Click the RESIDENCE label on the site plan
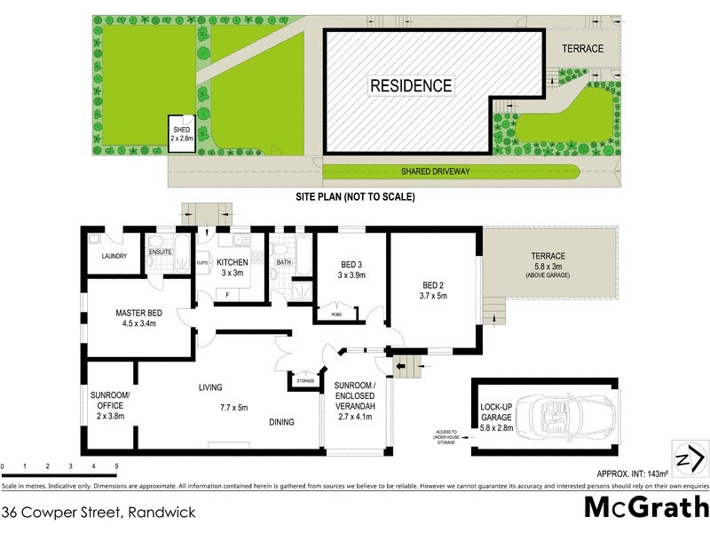411,86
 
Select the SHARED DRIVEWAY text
434,171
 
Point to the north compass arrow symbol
690,459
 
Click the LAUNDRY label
114,257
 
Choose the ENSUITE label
160,251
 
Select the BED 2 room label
435,290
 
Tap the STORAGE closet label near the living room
305,380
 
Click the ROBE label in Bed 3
336,314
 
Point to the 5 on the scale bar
116,466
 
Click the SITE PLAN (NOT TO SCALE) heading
355,196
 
